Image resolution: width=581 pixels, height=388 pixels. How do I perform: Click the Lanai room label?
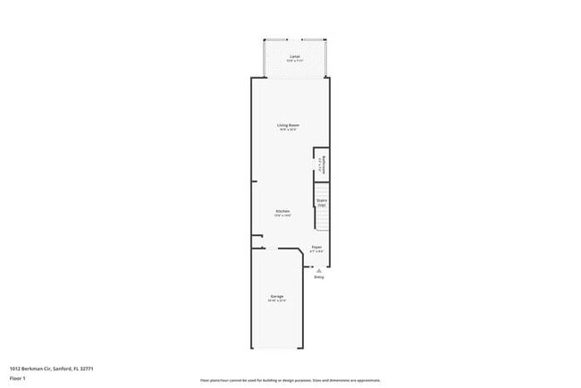tap(295, 56)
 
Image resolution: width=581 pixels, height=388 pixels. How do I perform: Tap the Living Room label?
tap(287, 125)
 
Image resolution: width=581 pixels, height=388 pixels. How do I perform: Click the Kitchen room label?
tap(282, 211)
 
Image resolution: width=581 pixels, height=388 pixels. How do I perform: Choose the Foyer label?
tap(316, 247)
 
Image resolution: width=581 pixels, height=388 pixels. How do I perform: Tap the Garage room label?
tap(277, 296)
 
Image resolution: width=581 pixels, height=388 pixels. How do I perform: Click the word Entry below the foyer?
tap(319, 277)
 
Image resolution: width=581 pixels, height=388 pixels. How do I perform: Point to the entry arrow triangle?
tap(319, 269)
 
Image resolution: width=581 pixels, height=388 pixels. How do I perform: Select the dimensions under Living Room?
tap(287, 131)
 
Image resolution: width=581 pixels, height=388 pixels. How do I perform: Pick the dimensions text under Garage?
tap(277, 300)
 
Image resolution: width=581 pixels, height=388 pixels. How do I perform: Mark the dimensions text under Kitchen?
tap(282, 215)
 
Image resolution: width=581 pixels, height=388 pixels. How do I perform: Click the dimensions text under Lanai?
tap(295, 61)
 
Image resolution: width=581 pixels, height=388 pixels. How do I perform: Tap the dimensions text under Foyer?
tap(316, 251)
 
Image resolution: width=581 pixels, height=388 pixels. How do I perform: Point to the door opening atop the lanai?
tap(295, 39)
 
